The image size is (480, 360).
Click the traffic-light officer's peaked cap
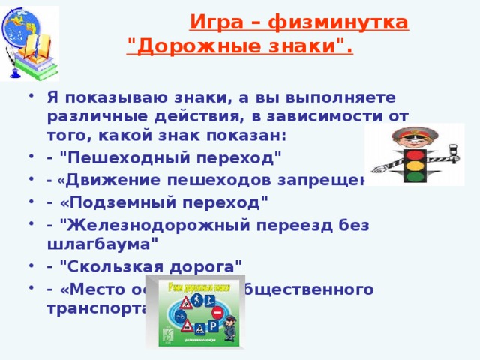[415, 134]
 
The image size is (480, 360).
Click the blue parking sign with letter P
[212, 327]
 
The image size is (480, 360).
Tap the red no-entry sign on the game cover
[217, 312]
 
